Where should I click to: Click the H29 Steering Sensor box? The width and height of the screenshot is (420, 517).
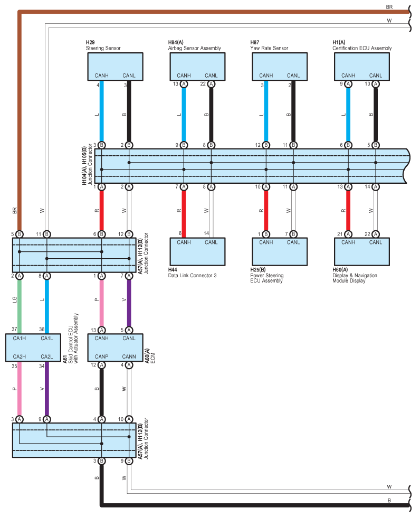pos(115,66)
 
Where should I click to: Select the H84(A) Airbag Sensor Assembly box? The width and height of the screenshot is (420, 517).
pos(197,66)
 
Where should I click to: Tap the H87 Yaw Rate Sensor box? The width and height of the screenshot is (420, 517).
pos(280,66)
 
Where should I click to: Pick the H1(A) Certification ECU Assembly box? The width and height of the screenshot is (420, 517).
pos(361,66)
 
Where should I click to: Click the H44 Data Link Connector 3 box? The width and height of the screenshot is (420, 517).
pos(197,251)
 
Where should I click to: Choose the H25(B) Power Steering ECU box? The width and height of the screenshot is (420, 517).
pos(280,251)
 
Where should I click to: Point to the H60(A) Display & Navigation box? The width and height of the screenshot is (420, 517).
pos(361,251)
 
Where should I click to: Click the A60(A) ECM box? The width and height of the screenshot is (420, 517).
pos(116,347)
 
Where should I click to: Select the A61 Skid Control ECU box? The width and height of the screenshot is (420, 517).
pos(33,347)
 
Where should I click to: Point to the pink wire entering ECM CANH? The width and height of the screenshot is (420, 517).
pos(101,303)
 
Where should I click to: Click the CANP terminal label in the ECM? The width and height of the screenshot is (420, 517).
pos(101,356)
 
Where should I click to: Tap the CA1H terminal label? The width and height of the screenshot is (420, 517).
pos(20,339)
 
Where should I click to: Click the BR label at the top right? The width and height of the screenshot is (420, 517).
pos(389,7)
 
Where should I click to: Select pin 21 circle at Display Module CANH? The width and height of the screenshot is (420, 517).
pos(348,234)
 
